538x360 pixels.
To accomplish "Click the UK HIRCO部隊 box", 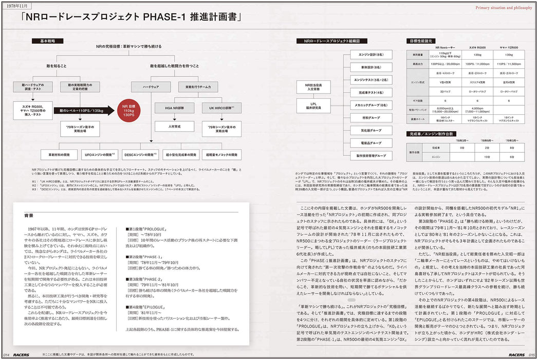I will click(222, 108).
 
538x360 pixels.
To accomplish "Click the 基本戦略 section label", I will click(41, 40).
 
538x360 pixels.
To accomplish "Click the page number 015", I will click(532, 354).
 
